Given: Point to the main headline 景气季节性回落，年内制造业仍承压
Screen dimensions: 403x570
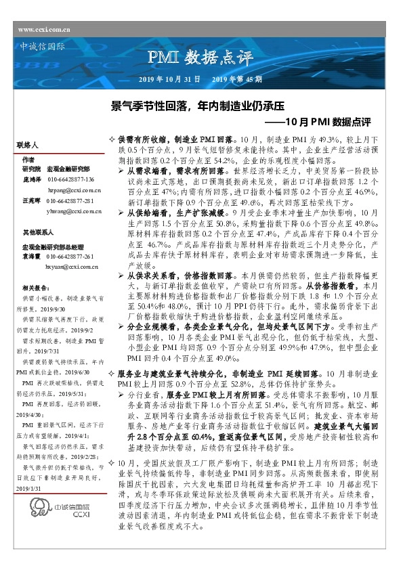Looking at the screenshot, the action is tap(196, 106).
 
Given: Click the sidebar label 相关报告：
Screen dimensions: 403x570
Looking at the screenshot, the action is tap(35, 288).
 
